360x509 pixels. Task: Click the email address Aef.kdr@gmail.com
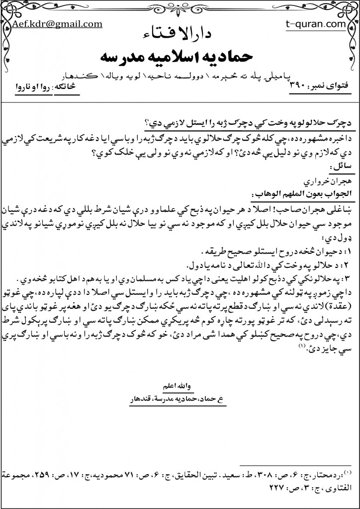pyautogui.click(x=57, y=23)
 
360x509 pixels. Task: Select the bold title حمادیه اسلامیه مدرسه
pyautogui.click(x=179, y=56)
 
